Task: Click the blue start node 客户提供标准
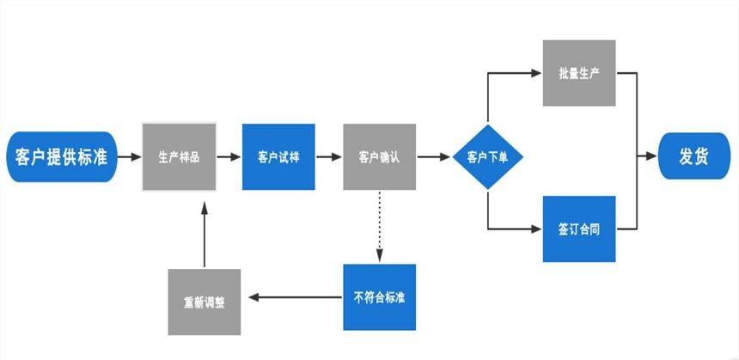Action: [x=61, y=157]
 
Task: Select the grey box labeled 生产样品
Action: [x=179, y=157]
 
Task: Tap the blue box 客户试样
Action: [x=278, y=157]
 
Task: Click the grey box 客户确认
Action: [x=379, y=157]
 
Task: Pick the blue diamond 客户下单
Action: [x=488, y=157]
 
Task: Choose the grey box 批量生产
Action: [x=579, y=73]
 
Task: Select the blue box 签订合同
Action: [x=579, y=229]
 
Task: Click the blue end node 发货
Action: [x=693, y=157]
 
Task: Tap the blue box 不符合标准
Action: [x=379, y=297]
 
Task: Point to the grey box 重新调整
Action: [x=205, y=302]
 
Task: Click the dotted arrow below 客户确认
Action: [x=379, y=225]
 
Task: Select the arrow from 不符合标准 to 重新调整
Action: [x=294, y=298]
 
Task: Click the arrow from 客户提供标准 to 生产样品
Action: [x=129, y=157]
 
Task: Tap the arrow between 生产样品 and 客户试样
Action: [x=229, y=157]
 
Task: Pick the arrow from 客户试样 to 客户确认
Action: [x=328, y=157]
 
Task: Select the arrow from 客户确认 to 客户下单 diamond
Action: [x=434, y=157]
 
